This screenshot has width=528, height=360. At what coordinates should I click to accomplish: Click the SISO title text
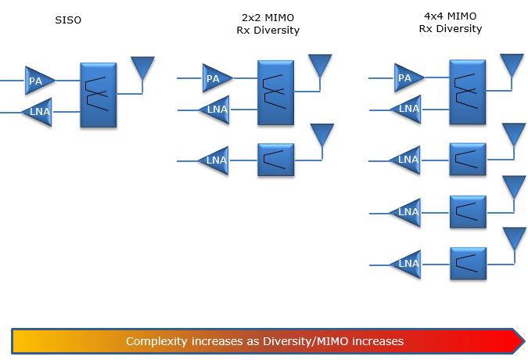pos(68,20)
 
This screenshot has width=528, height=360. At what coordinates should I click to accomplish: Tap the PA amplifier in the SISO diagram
pos(39,81)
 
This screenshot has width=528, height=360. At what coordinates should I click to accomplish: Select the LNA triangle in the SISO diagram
pos(38,112)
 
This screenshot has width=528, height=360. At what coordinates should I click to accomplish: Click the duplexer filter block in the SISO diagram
pos(99,95)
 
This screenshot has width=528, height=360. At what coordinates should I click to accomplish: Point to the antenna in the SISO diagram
pos(143,67)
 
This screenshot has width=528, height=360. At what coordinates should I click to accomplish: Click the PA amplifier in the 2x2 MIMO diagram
pos(217,78)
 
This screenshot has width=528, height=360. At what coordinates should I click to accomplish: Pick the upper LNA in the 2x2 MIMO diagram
pos(215,110)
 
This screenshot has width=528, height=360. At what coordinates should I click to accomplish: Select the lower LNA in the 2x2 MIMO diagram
pos(214,160)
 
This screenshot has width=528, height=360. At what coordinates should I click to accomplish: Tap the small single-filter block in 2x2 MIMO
pos(276,160)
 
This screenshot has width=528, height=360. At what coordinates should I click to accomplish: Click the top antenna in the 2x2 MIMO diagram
pos(320,65)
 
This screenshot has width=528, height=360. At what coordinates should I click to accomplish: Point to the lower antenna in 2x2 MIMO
pos(322,135)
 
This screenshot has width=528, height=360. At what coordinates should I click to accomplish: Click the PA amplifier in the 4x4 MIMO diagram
pos(408,77)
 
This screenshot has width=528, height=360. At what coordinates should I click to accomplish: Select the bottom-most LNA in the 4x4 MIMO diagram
pos(406,264)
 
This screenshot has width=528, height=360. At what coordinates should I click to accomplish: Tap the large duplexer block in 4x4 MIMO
pos(468,92)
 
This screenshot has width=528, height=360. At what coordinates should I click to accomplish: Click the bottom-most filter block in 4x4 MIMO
pos(469,264)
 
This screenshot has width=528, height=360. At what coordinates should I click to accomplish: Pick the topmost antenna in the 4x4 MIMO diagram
pos(512,65)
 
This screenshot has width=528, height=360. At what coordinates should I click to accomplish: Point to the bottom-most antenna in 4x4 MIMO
pos(515,239)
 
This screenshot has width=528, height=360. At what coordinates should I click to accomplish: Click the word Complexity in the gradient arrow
pos(156,341)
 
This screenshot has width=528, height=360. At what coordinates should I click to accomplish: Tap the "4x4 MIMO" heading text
pos(451,16)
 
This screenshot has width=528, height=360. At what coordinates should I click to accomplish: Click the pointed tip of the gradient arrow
pos(525,341)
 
